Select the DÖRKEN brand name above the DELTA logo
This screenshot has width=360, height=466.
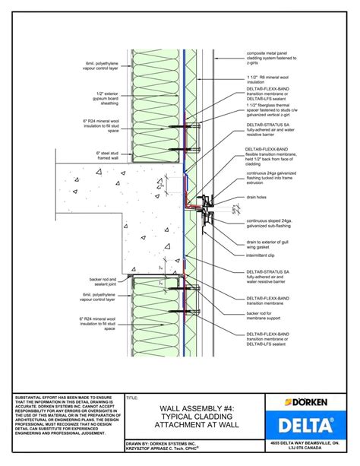pos(315,402)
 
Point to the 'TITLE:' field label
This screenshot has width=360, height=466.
pos(133,397)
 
